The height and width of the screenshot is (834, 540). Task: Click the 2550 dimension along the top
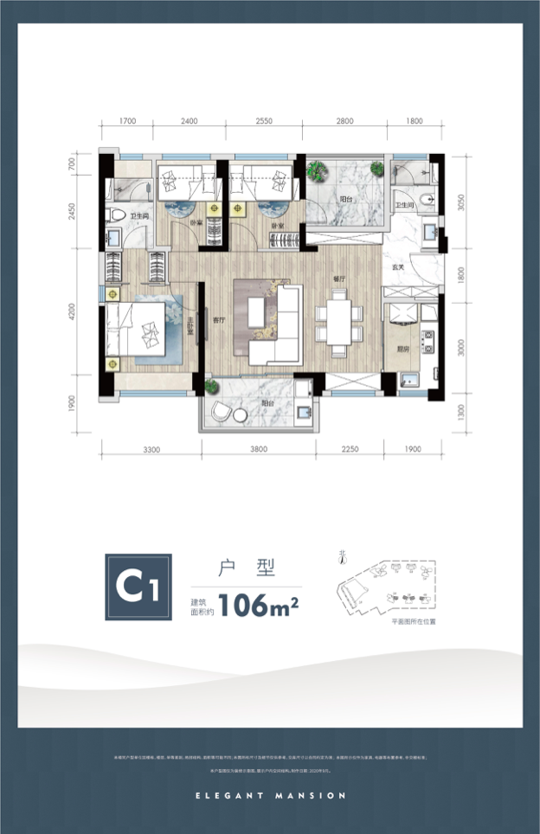pyautogui.click(x=265, y=121)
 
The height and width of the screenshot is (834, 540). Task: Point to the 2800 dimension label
pyautogui.click(x=345, y=121)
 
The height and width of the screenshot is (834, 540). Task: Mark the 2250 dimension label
pyautogui.click(x=350, y=449)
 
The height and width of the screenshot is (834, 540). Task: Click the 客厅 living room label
pyautogui.click(x=218, y=320)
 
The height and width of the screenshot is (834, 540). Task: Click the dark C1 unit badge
pyautogui.click(x=138, y=587)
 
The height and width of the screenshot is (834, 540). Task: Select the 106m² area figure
pyautogui.click(x=259, y=603)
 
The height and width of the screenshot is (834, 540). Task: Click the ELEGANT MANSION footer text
pyautogui.click(x=270, y=795)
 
